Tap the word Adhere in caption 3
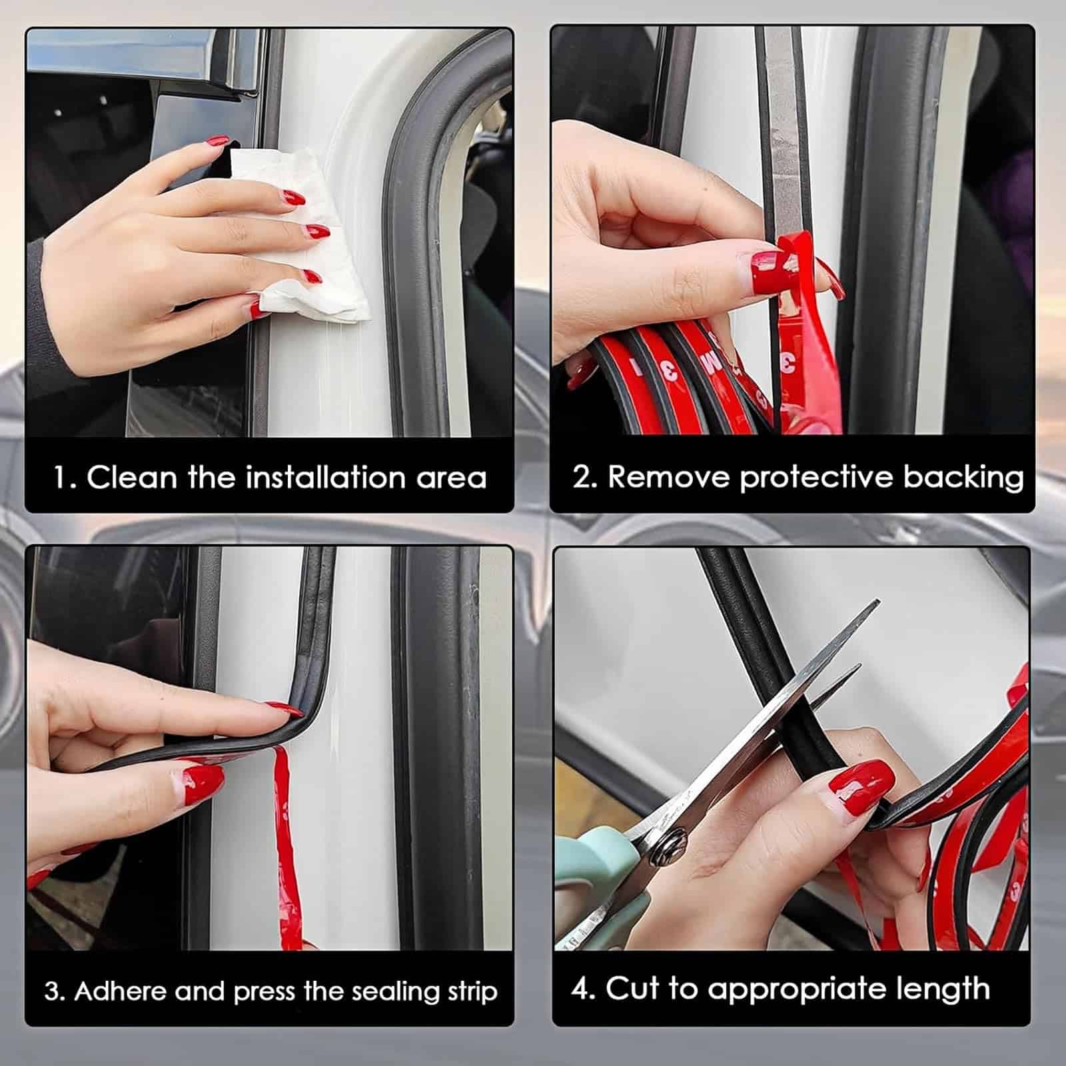[x=120, y=991]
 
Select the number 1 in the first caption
[x=62, y=478]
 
